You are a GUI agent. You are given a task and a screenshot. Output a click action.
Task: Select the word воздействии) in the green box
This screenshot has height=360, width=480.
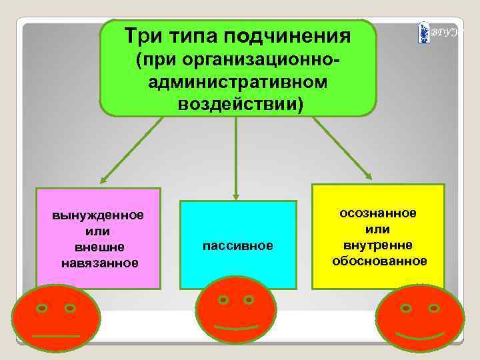(x=239, y=105)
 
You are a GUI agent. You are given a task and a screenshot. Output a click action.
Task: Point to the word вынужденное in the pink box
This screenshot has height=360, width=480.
(x=99, y=217)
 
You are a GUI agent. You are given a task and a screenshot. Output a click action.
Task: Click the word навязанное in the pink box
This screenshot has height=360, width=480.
(x=99, y=263)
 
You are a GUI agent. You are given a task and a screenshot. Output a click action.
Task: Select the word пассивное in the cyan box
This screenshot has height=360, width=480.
(x=238, y=246)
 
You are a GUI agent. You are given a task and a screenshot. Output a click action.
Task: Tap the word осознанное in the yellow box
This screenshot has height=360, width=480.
(x=378, y=213)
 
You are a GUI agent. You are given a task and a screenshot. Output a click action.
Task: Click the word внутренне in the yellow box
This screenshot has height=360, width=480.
(x=378, y=244)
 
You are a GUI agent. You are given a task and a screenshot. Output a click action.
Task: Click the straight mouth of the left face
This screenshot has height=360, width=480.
(x=55, y=335)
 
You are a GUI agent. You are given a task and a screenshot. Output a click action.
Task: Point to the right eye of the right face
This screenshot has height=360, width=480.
(x=434, y=308)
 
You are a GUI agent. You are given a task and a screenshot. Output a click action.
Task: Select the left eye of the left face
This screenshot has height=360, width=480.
(x=41, y=309)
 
